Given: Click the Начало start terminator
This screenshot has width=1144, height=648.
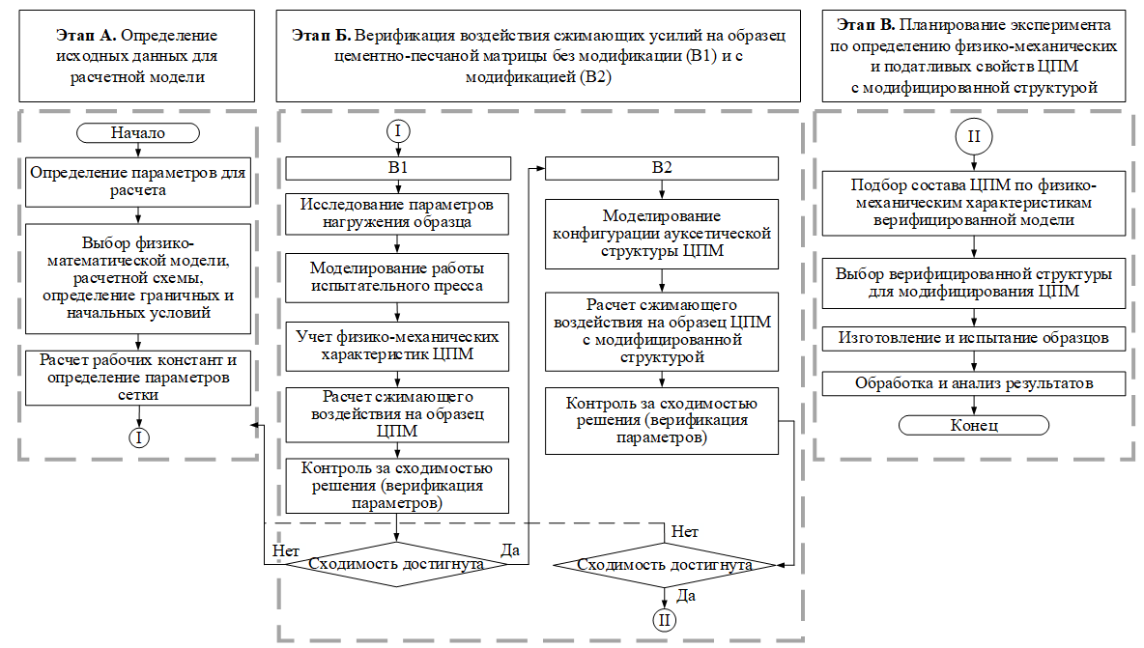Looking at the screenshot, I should (138, 133).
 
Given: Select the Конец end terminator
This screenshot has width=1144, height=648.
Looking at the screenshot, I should (973, 425).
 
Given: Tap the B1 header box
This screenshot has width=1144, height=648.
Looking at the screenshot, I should (397, 168).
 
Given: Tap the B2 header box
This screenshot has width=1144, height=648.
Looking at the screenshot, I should (661, 168).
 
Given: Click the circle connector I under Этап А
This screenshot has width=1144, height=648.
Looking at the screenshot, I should (140, 437).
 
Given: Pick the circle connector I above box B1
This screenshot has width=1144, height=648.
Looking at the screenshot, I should (397, 130).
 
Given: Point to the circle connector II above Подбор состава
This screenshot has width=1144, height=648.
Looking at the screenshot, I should (973, 138).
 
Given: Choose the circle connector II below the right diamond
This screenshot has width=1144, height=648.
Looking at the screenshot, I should (664, 620).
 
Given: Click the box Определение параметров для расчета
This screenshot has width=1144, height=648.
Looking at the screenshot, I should (137, 183).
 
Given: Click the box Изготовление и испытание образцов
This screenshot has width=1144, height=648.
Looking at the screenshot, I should (973, 339).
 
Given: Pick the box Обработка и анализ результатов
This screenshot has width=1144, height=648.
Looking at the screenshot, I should (973, 383).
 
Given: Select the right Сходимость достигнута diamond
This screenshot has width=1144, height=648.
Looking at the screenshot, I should (665, 565).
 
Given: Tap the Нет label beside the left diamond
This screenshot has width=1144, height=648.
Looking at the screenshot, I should (286, 549).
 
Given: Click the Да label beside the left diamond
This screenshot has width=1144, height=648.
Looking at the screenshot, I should (510, 549).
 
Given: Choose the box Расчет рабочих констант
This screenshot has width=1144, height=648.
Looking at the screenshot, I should (137, 377).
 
